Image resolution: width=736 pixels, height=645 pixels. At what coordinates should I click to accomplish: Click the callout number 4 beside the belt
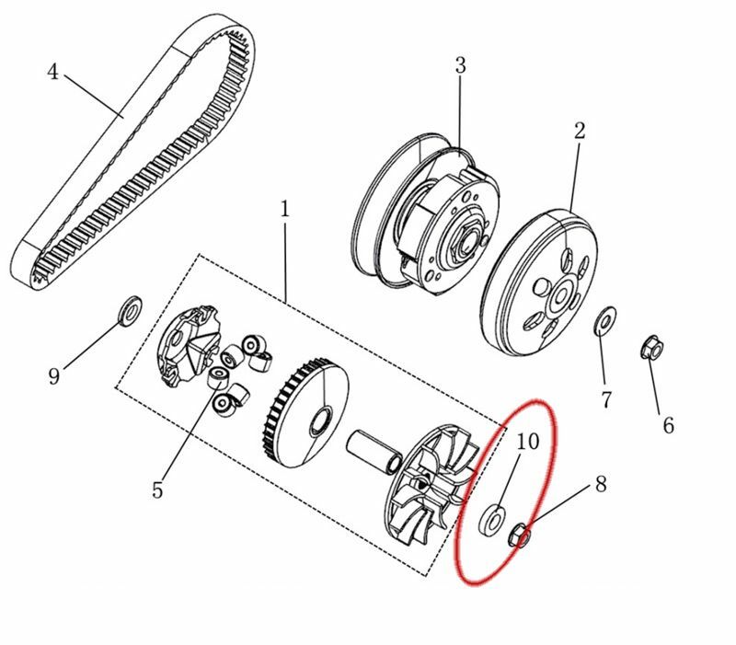click(x=52, y=71)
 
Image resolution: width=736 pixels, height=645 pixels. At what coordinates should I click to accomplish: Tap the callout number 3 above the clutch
click(x=460, y=65)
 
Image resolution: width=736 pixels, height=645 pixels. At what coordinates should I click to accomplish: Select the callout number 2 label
click(x=579, y=131)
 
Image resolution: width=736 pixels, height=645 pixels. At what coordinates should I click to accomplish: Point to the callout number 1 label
click(x=284, y=209)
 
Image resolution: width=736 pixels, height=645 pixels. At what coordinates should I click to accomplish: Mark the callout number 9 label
click(x=54, y=375)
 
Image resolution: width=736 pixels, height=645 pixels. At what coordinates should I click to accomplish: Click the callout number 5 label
click(x=157, y=490)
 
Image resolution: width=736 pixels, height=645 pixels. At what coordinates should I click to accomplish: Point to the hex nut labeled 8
click(x=520, y=534)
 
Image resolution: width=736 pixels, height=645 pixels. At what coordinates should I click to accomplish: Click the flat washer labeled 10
click(x=494, y=520)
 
